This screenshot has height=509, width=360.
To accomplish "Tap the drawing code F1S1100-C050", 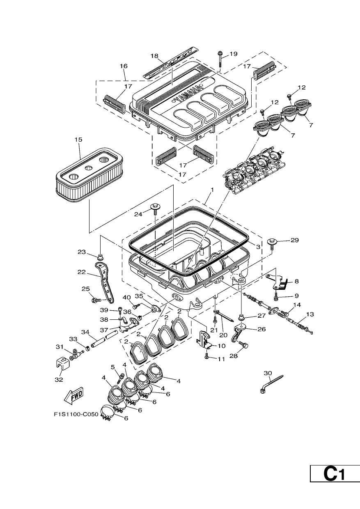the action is coord(76,414).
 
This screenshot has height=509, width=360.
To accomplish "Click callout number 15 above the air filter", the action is coord(79,139).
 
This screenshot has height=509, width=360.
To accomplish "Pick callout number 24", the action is coord(138,214).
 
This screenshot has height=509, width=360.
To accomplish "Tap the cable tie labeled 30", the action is coord(271,384).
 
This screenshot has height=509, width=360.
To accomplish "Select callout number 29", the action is coord(295,240).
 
